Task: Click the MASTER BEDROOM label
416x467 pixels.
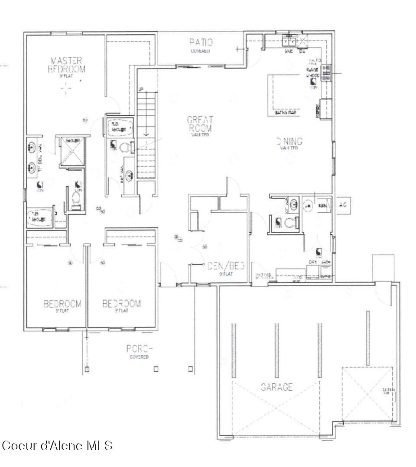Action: pos(66,65)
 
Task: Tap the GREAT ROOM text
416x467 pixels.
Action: pos(199,124)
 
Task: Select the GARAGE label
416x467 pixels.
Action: pos(276,387)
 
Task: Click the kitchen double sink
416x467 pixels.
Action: pos(288,42)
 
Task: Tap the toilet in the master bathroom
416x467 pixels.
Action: pos(76,200)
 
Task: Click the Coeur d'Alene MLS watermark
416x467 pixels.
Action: pos(57,445)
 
